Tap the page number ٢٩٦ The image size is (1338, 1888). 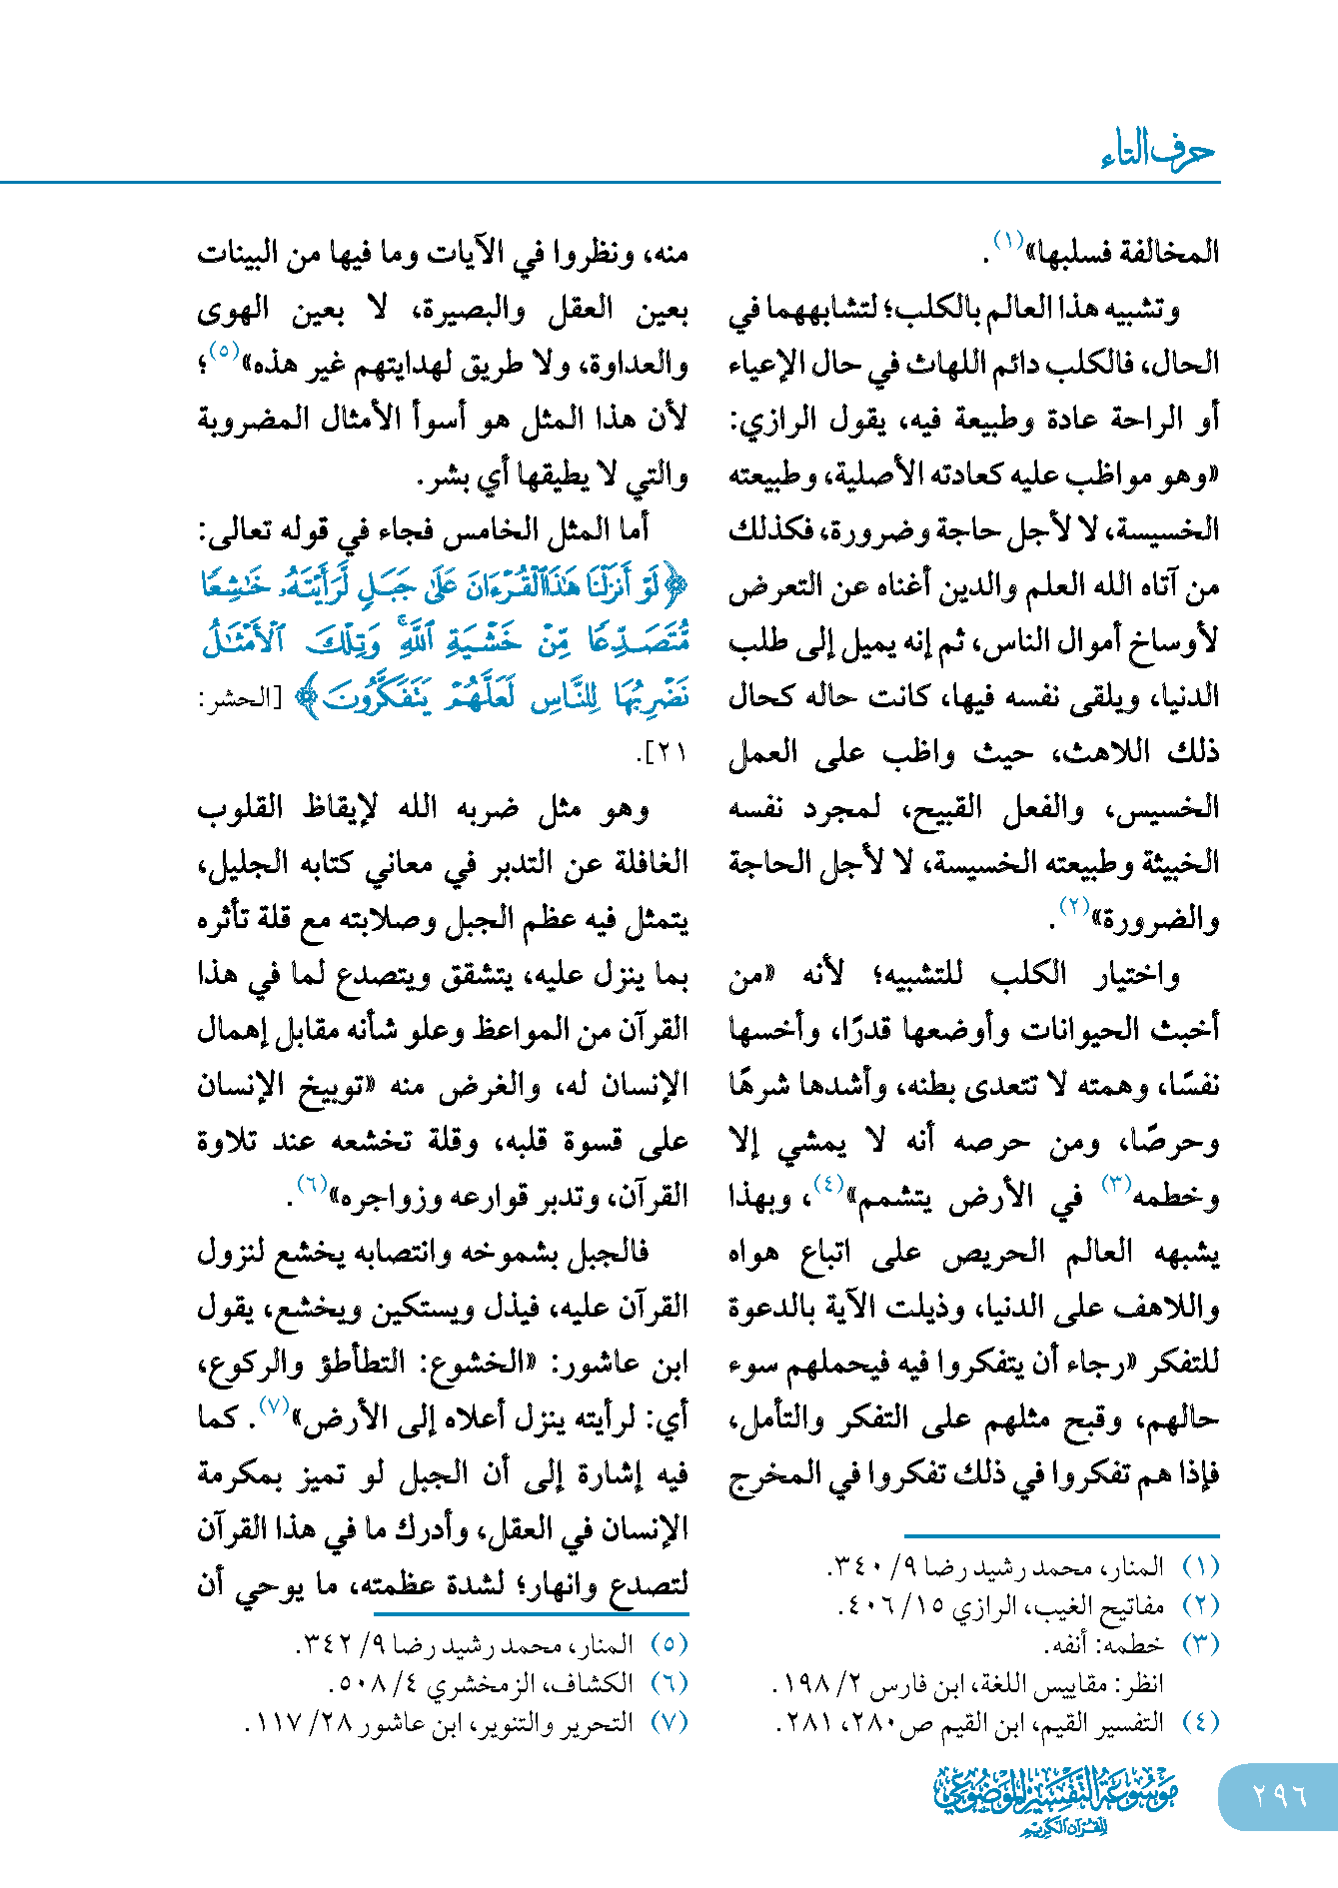[1280, 1795]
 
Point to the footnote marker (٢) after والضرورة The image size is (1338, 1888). [1073, 907]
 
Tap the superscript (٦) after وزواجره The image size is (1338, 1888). [313, 1185]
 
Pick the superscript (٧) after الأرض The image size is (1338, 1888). [273, 1406]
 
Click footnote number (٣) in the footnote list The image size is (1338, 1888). [1201, 1643]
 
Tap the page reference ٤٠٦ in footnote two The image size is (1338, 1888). [865, 1605]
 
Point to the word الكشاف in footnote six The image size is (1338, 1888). [599, 1683]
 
